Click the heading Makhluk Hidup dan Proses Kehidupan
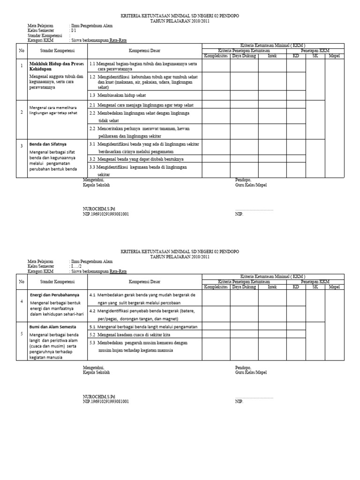click(57, 65)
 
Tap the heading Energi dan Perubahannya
click(54, 295)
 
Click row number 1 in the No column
click(22, 66)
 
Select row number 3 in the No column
click(22, 147)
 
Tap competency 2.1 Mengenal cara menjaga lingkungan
click(141, 105)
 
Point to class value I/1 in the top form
click(73, 30)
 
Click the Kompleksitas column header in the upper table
click(216, 56)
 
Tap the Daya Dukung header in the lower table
click(244, 287)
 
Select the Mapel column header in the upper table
click(334, 56)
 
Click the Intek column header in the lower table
click(272, 287)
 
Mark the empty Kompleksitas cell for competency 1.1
click(216, 66)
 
